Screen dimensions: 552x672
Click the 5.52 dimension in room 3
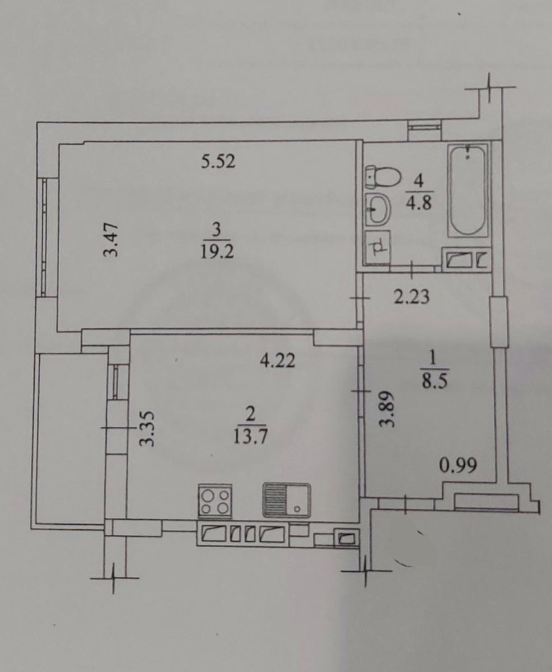click(x=218, y=161)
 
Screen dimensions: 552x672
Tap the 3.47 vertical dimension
click(x=111, y=240)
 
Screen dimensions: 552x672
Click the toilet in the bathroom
click(x=383, y=176)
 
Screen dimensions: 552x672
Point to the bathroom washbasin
click(x=378, y=209)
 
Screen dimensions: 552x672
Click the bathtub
click(x=468, y=190)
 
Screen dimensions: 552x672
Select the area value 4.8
click(x=419, y=203)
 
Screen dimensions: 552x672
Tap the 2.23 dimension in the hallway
click(x=411, y=297)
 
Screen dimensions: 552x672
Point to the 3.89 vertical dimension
click(x=387, y=409)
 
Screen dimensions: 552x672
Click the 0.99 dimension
click(x=458, y=465)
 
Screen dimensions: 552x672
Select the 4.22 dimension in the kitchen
click(x=277, y=361)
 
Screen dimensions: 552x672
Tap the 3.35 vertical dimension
click(x=147, y=429)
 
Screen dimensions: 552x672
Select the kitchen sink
click(x=286, y=501)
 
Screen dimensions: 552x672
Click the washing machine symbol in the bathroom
click(x=378, y=246)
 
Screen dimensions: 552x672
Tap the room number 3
click(x=216, y=230)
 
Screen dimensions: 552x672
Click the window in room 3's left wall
click(x=44, y=237)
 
